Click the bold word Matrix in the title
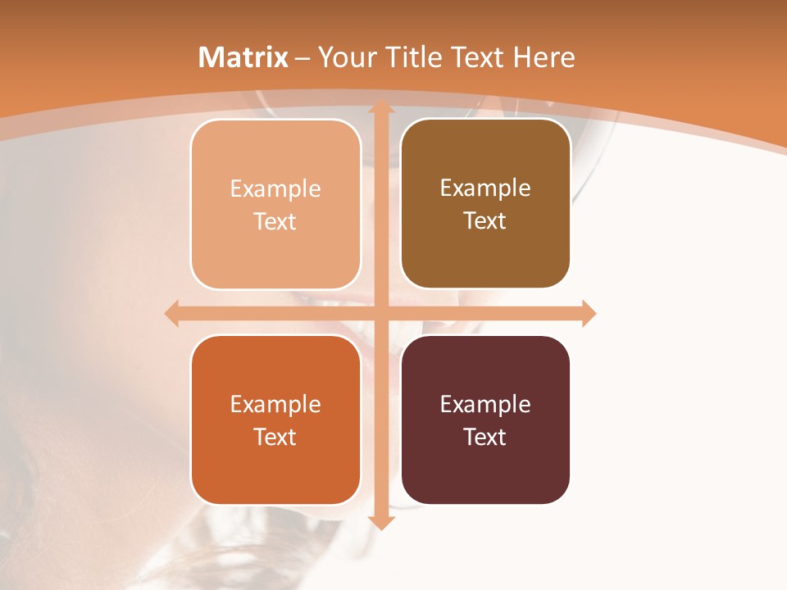(x=243, y=57)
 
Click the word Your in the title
(x=345, y=57)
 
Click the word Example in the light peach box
(x=275, y=189)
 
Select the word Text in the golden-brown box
(x=485, y=221)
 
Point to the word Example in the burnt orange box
(x=275, y=405)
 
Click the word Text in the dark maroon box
(x=485, y=437)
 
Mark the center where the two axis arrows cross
(x=380, y=314)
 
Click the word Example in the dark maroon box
(x=485, y=405)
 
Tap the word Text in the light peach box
(x=275, y=222)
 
